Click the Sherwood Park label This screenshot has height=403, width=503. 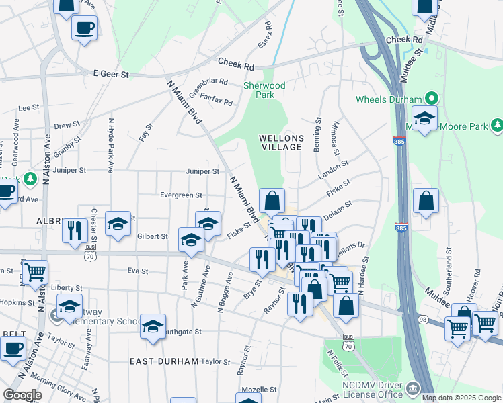pyautogui.click(x=264, y=90)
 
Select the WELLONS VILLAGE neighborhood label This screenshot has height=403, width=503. pyautogui.click(x=282, y=143)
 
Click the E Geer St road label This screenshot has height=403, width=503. pyautogui.click(x=110, y=74)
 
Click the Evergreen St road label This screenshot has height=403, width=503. pyautogui.click(x=181, y=195)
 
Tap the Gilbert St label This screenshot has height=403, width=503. pyautogui.click(x=153, y=236)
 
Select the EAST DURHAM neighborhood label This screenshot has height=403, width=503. pyautogui.click(x=164, y=361)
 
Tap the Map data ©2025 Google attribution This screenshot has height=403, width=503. pyautogui.click(x=461, y=398)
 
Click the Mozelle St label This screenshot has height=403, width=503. pyautogui.click(x=259, y=390)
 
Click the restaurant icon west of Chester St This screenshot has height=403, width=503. pyautogui.click(x=73, y=230)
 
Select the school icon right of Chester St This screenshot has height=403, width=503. pyautogui.click(x=118, y=223)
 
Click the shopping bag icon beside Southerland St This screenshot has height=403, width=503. pyautogui.click(x=426, y=201)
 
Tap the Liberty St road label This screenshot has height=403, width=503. pyautogui.click(x=66, y=287)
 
